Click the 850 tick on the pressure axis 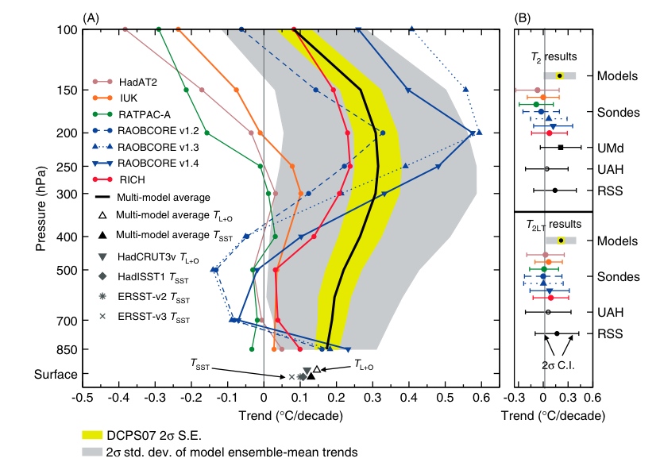[x=64, y=349]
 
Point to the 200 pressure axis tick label [x=64, y=133]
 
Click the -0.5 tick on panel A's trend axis [x=83, y=396]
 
